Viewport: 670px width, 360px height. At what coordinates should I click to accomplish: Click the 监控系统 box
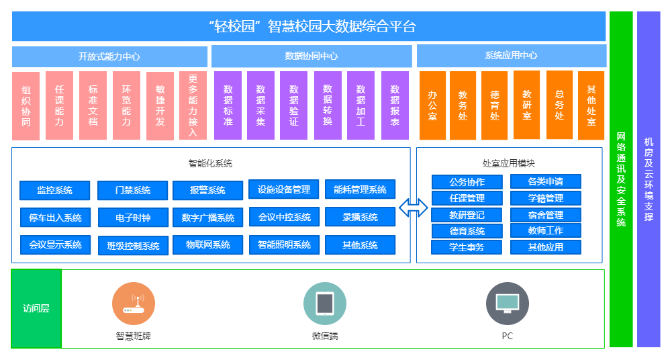pos(54,190)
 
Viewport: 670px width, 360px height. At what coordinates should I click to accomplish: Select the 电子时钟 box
pos(133,218)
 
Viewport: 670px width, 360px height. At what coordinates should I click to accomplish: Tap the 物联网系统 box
pos(207,245)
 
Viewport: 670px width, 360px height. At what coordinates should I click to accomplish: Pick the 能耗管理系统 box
pos(360,189)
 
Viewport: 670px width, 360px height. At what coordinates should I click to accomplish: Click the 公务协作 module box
pos(467,182)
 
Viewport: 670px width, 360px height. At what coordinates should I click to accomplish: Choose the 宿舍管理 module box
pos(545,215)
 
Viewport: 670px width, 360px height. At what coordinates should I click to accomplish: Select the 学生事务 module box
pos(467,247)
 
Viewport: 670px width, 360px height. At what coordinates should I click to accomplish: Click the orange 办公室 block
pos(432,105)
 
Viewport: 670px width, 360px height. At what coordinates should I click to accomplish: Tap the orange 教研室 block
pos(527,105)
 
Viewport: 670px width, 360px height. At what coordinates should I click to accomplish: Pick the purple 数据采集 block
pos(260,105)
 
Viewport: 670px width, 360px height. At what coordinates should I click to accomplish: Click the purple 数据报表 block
pos(395,105)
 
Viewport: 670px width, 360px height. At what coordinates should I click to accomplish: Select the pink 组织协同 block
pos(26,105)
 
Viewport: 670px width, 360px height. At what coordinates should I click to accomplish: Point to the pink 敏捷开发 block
pos(160,105)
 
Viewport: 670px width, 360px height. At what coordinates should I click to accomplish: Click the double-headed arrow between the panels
pos(413,208)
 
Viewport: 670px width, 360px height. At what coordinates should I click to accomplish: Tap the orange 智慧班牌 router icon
pos(134,304)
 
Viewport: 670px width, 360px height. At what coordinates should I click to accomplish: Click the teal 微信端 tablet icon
pos(324,304)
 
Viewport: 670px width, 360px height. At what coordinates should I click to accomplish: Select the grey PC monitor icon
pos(507,304)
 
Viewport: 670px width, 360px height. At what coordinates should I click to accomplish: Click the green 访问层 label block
pos(36,309)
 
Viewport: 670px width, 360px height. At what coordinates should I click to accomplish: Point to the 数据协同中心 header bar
pos(311,56)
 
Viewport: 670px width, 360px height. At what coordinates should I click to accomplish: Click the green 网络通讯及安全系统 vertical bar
pos(621,179)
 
